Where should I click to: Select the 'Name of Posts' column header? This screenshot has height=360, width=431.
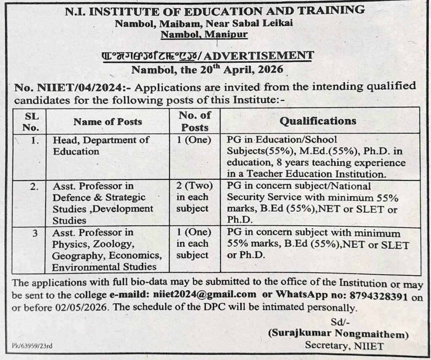click(x=108, y=122)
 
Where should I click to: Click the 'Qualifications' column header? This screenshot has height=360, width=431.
click(x=318, y=121)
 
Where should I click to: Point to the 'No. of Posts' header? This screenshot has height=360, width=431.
click(x=195, y=121)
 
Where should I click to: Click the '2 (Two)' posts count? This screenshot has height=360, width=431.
click(x=195, y=186)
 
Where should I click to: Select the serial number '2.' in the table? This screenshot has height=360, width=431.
click(x=35, y=186)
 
